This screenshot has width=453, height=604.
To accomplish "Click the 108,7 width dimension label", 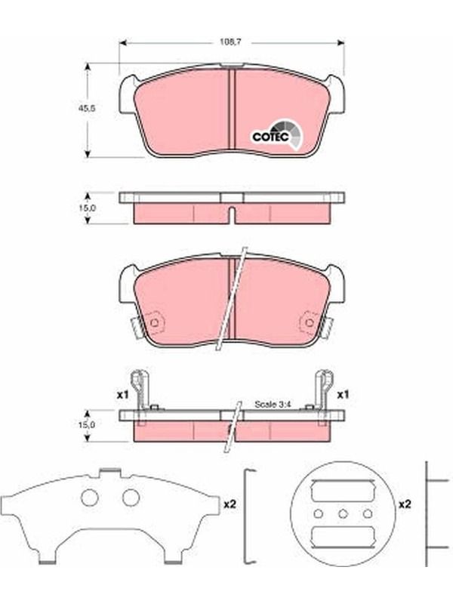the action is (x=230, y=42).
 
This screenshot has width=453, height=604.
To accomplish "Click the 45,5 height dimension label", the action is (x=87, y=108).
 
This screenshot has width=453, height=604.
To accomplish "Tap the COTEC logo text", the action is (x=270, y=137).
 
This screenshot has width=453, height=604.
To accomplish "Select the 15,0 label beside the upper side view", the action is (x=87, y=208).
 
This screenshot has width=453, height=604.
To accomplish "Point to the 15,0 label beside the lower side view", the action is (x=87, y=424).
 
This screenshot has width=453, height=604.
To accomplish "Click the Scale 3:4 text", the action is (x=273, y=405).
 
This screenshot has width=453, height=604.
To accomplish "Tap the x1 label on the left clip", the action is (x=122, y=395).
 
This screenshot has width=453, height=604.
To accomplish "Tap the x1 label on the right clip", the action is (x=343, y=395).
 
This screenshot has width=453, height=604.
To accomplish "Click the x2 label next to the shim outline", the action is (x=230, y=504).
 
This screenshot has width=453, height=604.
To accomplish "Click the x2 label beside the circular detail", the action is (x=405, y=504).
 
